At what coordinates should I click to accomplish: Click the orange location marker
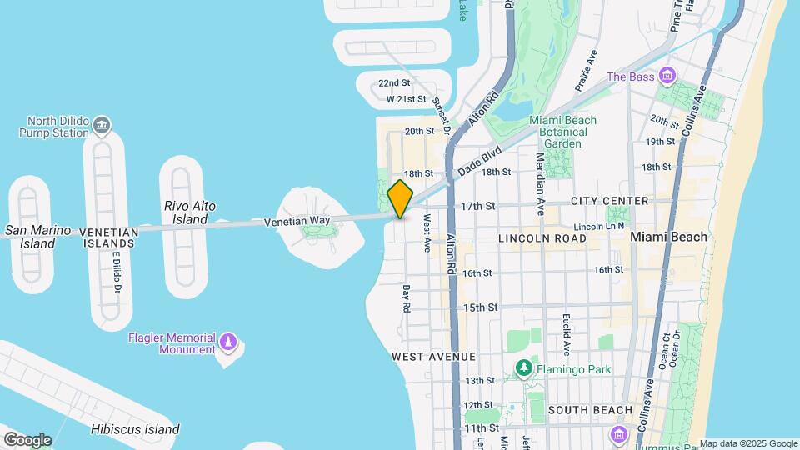(400, 199)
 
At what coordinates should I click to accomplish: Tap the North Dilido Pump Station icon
(102, 127)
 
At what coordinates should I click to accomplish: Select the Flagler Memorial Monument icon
(227, 342)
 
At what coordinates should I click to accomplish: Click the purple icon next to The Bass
(666, 77)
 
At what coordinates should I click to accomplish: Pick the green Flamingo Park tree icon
(523, 368)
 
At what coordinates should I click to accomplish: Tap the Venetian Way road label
(297, 222)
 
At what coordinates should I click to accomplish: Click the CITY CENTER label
(609, 201)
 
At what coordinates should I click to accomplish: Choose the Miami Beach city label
(668, 237)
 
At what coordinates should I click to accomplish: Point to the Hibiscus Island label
(135, 430)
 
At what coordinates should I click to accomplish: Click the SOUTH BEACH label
(591, 410)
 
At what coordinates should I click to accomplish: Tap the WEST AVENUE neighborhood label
(433, 357)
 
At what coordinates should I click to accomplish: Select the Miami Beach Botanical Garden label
(563, 132)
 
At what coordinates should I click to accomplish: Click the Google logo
(27, 440)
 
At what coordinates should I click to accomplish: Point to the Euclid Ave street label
(565, 334)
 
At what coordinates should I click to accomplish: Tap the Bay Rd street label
(407, 299)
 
